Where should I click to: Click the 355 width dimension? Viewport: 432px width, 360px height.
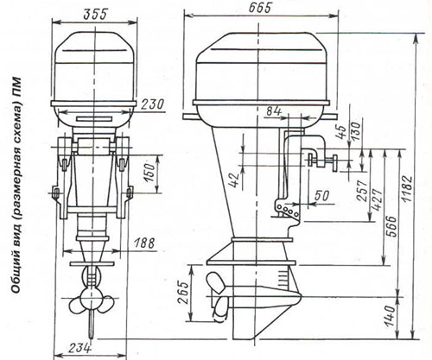tap(95, 15)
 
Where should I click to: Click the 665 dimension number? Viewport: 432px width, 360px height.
tap(260, 8)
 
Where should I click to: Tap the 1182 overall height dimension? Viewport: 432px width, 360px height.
tap(408, 188)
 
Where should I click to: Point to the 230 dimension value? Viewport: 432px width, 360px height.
tap(152, 104)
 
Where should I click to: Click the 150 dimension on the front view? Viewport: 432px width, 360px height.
tap(150, 174)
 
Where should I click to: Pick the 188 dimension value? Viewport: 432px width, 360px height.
tap(144, 243)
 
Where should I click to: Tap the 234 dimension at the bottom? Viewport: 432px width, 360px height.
tap(80, 348)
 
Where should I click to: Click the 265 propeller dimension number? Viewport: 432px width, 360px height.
tap(183, 292)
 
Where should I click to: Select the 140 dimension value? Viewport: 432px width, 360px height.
tap(390, 316)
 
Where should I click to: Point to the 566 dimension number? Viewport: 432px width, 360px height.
tap(391, 226)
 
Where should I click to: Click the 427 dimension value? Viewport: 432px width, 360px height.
tap(377, 199)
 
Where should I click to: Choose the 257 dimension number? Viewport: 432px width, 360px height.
tap(362, 191)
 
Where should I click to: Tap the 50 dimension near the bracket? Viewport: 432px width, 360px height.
tap(321, 196)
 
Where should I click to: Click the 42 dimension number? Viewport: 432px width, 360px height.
tap(236, 180)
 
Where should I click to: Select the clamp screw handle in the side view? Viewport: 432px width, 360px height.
tap(334, 163)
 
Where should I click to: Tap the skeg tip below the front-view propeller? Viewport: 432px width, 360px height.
tap(92, 338)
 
